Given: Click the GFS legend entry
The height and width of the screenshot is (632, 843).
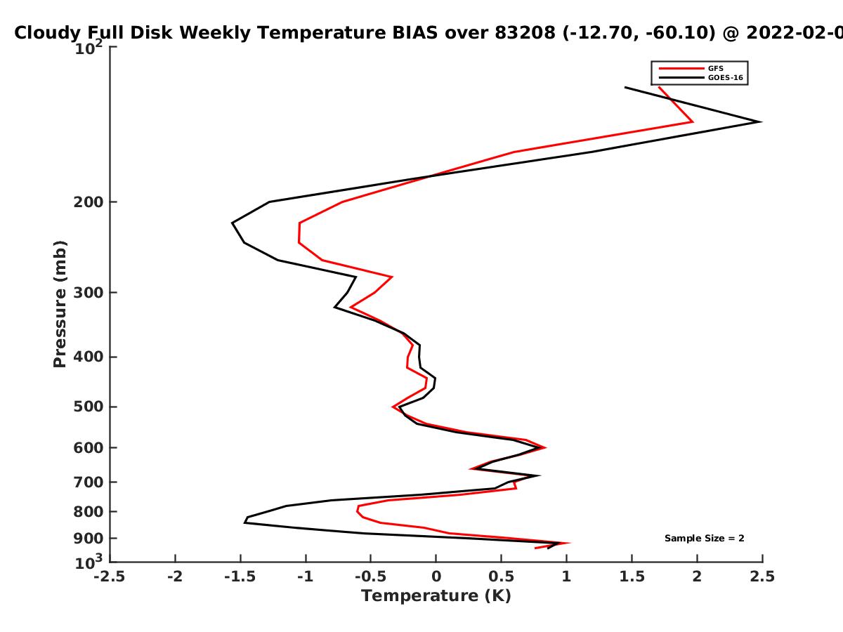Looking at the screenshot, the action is tap(691, 69).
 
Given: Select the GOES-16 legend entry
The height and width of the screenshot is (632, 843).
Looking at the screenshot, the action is tap(701, 78).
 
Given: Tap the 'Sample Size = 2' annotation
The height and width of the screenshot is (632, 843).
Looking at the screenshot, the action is tap(705, 539).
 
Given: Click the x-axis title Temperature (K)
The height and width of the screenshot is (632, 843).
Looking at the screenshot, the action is tap(436, 595).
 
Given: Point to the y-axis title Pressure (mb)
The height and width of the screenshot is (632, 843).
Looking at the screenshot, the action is tap(60, 304).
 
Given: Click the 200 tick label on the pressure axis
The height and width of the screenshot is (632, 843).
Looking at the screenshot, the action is tap(89, 202).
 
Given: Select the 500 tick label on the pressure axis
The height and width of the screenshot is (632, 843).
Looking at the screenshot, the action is tap(89, 407).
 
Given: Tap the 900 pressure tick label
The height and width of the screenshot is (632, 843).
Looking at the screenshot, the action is tap(89, 539).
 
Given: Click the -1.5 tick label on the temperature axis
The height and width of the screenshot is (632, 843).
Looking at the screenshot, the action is tap(240, 577).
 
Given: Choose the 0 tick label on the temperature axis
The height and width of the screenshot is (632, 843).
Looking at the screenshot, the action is tap(436, 577).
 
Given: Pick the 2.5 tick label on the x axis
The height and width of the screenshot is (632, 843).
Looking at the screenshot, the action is tap(762, 577).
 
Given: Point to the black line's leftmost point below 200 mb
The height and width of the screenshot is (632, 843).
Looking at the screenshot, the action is tap(232, 223).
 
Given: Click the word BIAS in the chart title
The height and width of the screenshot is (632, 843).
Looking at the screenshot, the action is tap(414, 33).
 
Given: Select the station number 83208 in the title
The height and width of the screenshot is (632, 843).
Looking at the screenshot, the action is tap(525, 33).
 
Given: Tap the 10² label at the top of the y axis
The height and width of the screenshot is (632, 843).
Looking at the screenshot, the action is tap(89, 48).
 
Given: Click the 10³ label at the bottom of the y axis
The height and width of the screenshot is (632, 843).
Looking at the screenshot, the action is tap(89, 562).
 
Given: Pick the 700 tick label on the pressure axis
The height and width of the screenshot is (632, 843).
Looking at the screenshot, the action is tap(89, 482).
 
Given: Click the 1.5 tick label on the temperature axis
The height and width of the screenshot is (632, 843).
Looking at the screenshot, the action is tap(632, 577).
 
